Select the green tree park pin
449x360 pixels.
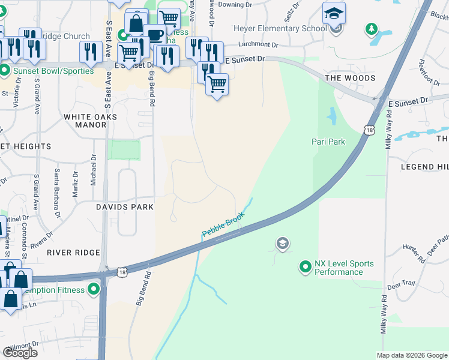click(x=372, y=29)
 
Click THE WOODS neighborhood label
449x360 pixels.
click(x=350, y=78)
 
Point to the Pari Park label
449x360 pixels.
click(x=328, y=142)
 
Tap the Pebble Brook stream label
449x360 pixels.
click(x=223, y=224)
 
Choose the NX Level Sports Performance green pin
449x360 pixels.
click(x=306, y=267)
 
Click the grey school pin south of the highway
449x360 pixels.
click(x=282, y=244)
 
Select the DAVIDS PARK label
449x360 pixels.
click(x=125, y=207)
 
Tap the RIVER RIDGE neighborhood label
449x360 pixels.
click(x=73, y=253)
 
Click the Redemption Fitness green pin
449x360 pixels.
click(x=94, y=290)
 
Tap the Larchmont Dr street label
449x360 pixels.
click(x=258, y=44)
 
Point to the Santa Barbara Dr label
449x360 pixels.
click(x=57, y=201)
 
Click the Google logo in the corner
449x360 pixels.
click(x=20, y=353)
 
